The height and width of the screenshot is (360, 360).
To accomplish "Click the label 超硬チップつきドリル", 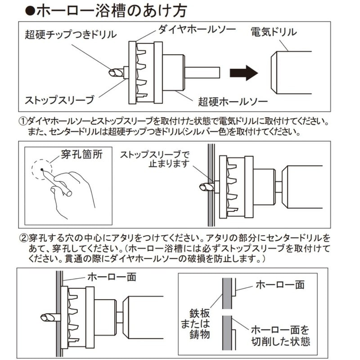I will pyautogui.click(x=72, y=34).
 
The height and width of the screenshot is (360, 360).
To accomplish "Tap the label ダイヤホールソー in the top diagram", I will pyautogui.click(x=197, y=30).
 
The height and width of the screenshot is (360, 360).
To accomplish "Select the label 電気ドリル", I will pyautogui.click(x=274, y=32).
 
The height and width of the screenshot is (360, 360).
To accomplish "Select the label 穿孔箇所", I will pyautogui.click(x=82, y=155).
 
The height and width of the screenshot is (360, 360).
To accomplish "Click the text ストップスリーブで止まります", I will pyautogui.click(x=155, y=159).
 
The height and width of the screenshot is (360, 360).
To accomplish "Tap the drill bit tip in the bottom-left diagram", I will pyautogui.click(x=46, y=318).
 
